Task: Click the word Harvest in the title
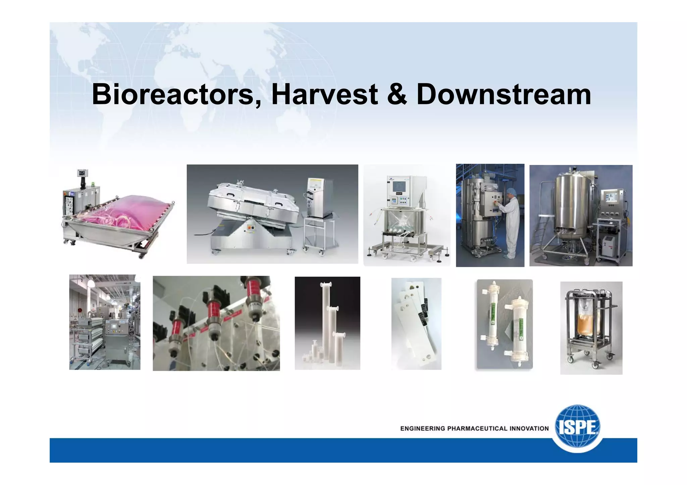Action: (x=324, y=95)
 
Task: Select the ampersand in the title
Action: (x=397, y=95)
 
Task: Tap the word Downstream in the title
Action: (x=504, y=95)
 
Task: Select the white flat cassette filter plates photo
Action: (x=416, y=323)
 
